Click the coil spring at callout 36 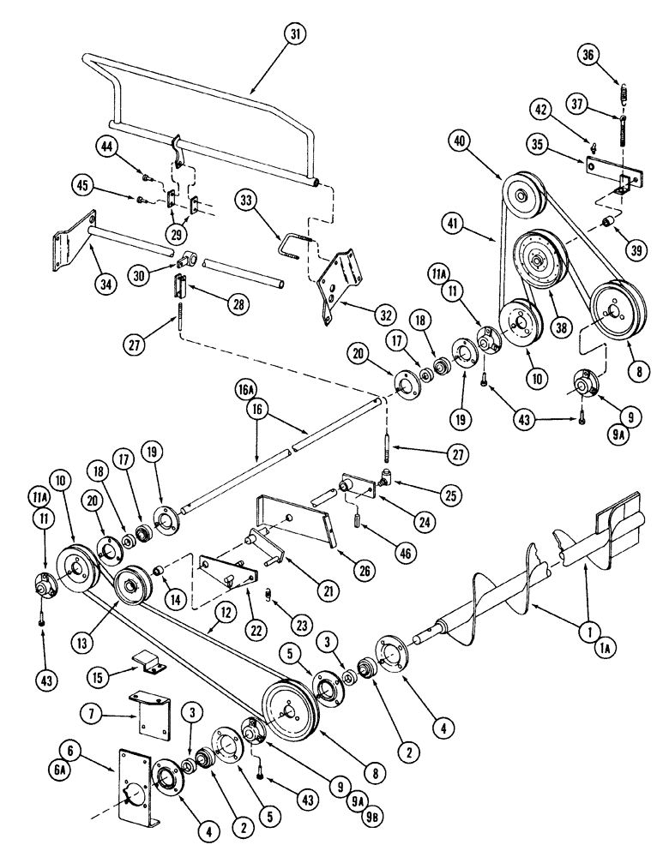622,88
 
